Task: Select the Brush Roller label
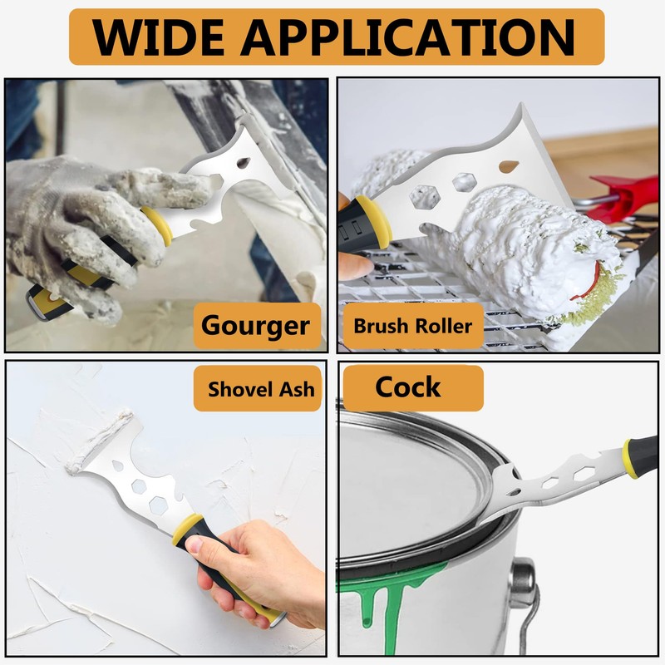tap(412, 325)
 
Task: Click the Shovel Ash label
tap(260, 388)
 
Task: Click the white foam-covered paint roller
tap(532, 249)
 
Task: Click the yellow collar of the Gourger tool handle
tap(158, 224)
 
